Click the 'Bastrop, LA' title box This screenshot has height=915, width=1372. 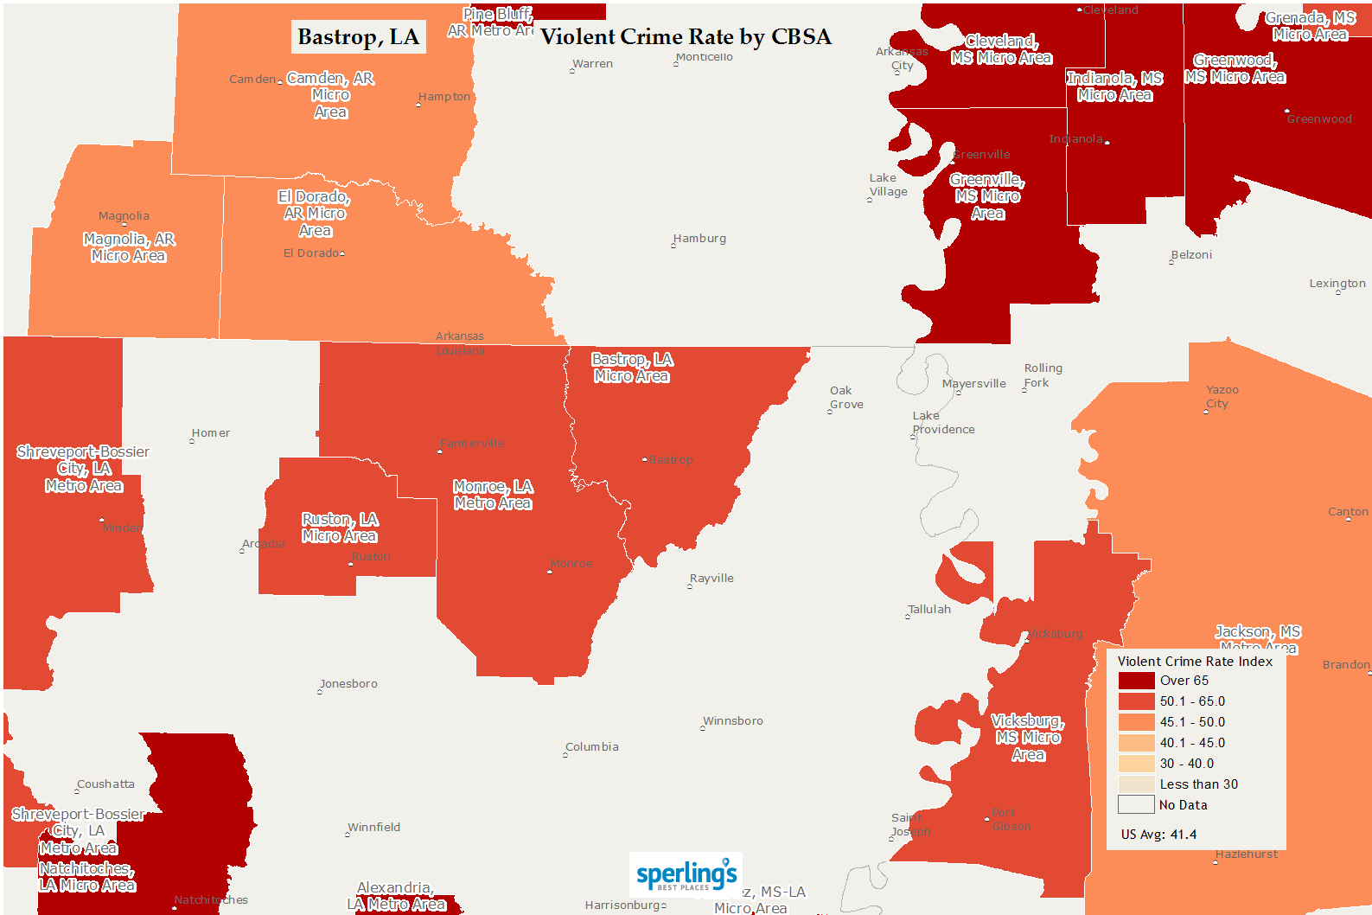(358, 37)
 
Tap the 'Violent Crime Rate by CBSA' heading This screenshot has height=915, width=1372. (686, 37)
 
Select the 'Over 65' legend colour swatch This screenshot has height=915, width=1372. (1136, 681)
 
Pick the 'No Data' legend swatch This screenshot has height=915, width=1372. (1136, 805)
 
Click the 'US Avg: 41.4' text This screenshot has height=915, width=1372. (1158, 835)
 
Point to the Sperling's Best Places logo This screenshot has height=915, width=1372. (686, 875)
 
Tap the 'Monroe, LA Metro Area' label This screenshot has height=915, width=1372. (493, 495)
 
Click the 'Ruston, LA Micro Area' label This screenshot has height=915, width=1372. (340, 528)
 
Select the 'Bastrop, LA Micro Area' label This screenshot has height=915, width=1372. (632, 368)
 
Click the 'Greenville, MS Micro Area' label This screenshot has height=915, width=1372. (987, 196)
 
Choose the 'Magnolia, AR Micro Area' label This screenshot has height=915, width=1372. (129, 247)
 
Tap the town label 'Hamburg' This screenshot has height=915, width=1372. (699, 239)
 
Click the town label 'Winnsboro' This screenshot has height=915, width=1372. (733, 721)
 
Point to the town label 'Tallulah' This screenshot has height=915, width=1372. (929, 610)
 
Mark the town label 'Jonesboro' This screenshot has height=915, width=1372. (348, 684)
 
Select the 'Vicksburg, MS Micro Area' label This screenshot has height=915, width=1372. (1028, 738)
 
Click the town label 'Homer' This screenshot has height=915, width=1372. (211, 433)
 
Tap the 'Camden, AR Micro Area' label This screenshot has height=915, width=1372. (330, 95)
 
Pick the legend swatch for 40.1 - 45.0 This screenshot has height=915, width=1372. (1136, 743)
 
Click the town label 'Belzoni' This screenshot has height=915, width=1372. (1191, 255)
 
